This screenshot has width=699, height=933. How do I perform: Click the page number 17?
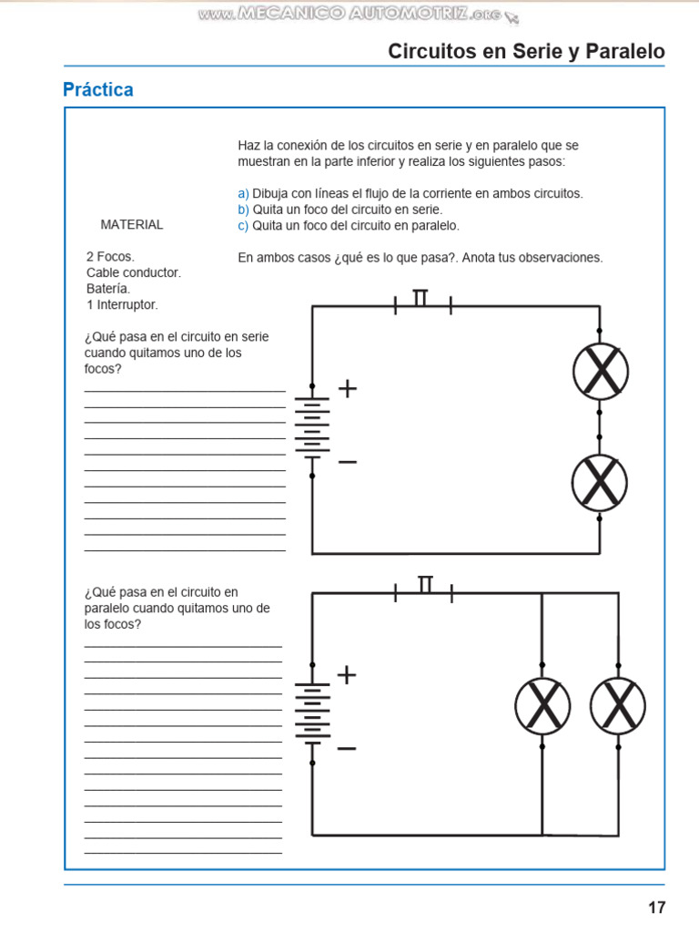(656, 907)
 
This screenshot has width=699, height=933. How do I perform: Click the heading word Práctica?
(98, 89)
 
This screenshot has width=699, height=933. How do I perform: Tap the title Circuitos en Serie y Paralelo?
(526, 52)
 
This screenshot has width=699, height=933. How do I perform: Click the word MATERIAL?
(132, 224)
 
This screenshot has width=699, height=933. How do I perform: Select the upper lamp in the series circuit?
(600, 372)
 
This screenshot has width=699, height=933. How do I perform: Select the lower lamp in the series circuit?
(600, 482)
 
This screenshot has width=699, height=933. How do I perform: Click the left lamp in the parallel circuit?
(542, 704)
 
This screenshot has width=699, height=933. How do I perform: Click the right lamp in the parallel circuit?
(618, 704)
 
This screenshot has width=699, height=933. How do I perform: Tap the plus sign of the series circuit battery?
(348, 389)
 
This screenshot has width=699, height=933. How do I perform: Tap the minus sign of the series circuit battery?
(348, 462)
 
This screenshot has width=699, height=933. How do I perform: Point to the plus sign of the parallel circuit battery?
(347, 675)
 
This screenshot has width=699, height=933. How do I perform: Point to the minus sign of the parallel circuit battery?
(347, 748)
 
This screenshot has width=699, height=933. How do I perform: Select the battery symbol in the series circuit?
(312, 425)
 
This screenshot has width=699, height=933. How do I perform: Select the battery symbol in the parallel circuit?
(312, 712)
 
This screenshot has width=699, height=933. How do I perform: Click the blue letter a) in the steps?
(243, 193)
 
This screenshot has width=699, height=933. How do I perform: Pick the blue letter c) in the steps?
(243, 225)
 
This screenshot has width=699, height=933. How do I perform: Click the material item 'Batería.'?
(108, 289)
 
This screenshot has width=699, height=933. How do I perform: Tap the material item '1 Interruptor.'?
(122, 304)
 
